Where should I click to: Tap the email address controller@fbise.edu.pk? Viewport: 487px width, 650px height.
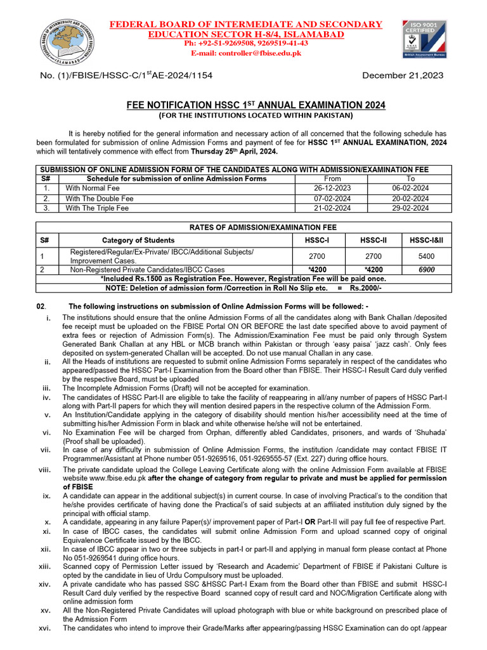pyautogui.click(x=265, y=53)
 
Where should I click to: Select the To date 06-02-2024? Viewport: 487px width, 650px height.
pyautogui.click(x=410, y=189)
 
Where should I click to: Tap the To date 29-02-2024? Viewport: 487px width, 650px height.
pyautogui.click(x=410, y=208)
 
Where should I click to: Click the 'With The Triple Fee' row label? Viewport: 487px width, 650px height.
pyautogui.click(x=100, y=208)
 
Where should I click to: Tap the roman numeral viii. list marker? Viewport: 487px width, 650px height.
pyautogui.click(x=44, y=470)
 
